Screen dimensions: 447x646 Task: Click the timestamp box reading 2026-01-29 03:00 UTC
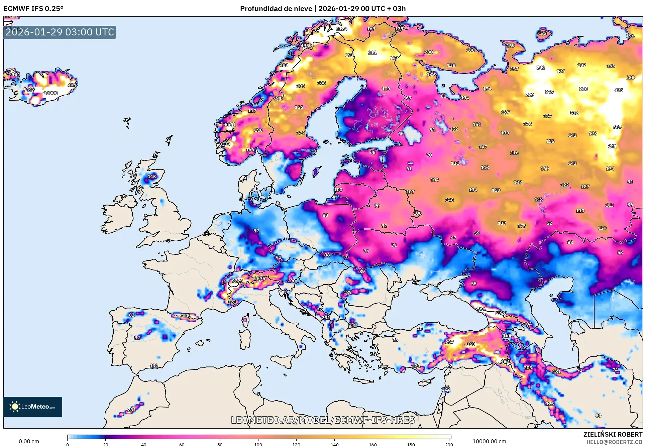(60, 32)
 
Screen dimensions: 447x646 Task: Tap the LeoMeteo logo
(33, 407)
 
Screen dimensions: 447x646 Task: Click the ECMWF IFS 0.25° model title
(33, 9)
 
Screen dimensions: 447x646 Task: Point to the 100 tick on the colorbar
(258, 445)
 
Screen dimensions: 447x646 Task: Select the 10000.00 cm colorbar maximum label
(489, 442)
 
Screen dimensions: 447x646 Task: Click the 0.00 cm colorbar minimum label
(29, 442)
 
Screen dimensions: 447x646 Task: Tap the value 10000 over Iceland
(51, 93)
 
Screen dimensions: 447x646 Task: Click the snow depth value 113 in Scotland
(152, 177)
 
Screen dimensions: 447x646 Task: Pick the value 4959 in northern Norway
(306, 46)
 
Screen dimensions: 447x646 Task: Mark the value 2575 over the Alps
(259, 278)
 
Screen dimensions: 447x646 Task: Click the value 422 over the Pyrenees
(185, 315)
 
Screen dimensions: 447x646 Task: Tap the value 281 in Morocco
(132, 410)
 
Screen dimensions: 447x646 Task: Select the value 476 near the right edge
(619, 90)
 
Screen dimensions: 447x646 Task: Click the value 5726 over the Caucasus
(501, 313)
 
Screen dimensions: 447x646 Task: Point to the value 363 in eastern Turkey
(470, 344)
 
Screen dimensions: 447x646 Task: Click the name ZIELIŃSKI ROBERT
(613, 434)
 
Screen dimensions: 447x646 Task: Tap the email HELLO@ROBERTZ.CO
(614, 442)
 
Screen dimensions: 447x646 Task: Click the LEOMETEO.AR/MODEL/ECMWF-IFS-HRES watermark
(323, 420)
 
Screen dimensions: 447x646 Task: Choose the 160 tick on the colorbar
(372, 445)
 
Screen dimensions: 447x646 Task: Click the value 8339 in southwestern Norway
(225, 144)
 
